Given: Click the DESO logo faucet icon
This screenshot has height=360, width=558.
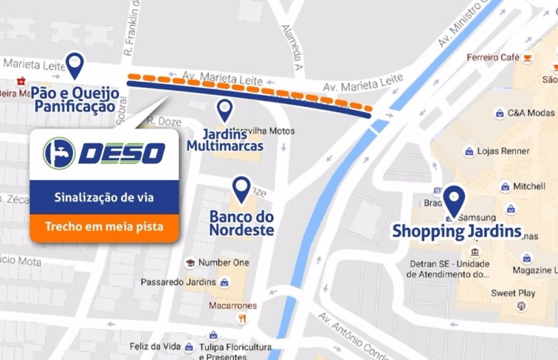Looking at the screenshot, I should click(59, 153).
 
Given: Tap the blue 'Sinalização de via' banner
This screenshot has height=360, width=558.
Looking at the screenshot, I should click(104, 197).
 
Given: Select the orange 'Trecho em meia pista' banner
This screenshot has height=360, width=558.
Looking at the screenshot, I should click(104, 227).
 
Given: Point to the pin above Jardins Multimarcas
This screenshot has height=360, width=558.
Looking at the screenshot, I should click(225, 110).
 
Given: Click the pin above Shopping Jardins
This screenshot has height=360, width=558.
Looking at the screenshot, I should click(454, 199).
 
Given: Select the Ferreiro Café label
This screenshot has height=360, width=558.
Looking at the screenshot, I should click(493, 58).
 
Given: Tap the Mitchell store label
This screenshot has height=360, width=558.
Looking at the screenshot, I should click(529, 187).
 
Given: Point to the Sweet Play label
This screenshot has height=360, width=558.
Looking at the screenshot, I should click(513, 293).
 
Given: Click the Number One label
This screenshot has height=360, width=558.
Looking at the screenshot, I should click(223, 263).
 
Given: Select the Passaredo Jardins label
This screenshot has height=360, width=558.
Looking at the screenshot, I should click(178, 282).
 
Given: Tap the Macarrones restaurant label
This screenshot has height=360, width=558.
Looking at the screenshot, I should click(232, 306).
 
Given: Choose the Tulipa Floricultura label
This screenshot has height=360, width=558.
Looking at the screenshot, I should click(235, 347).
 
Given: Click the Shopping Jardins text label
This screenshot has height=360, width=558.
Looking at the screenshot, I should click(457, 231).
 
